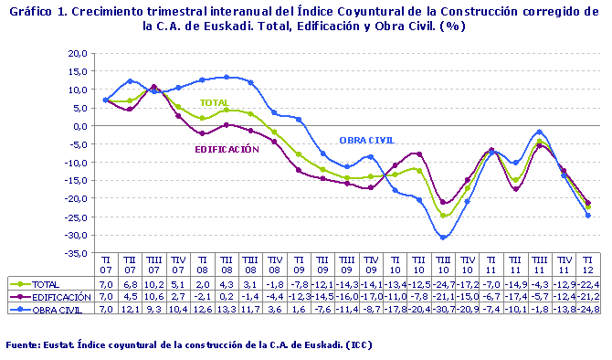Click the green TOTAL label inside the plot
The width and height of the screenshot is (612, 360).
pos(214,103)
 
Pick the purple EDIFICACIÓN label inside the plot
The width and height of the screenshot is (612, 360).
pos(233,148)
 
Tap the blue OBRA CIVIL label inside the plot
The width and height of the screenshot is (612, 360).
pos(366,140)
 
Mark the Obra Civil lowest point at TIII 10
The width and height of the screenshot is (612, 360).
pos(443,238)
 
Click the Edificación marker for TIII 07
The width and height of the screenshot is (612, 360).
pos(154,88)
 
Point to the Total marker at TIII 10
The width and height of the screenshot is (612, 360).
pos(443,216)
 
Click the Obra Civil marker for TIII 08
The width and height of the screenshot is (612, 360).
pos(250,83)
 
